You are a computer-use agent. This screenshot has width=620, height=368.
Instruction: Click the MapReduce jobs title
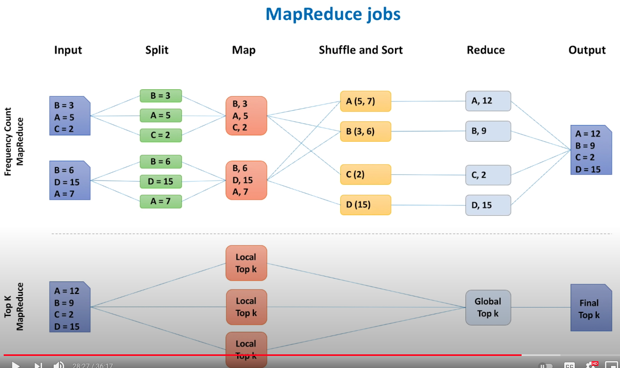(333, 14)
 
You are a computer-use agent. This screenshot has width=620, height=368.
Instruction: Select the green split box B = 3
(160, 96)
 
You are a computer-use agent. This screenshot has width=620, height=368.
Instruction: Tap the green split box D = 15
(160, 182)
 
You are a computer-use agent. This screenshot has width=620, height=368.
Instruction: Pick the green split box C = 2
(160, 135)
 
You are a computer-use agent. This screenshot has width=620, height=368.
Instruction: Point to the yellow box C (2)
(365, 175)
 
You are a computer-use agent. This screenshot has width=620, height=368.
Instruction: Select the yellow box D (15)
(365, 205)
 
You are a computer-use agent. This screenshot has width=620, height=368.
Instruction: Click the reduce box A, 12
(488, 101)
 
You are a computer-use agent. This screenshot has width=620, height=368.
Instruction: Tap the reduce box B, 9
(488, 131)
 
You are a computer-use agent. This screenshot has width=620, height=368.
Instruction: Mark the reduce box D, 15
(488, 205)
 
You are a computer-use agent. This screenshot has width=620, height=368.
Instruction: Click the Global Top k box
(488, 308)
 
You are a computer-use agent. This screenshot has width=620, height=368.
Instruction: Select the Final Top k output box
(591, 309)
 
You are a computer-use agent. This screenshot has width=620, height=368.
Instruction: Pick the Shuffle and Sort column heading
(361, 50)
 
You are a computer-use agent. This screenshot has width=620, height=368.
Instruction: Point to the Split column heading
(157, 50)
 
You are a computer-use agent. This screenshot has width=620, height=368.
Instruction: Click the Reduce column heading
(485, 50)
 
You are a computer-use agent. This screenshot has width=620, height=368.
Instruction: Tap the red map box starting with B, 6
(246, 180)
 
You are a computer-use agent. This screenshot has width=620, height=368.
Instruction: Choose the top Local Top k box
(246, 264)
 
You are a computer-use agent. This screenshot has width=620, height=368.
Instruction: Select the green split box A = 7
(160, 201)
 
